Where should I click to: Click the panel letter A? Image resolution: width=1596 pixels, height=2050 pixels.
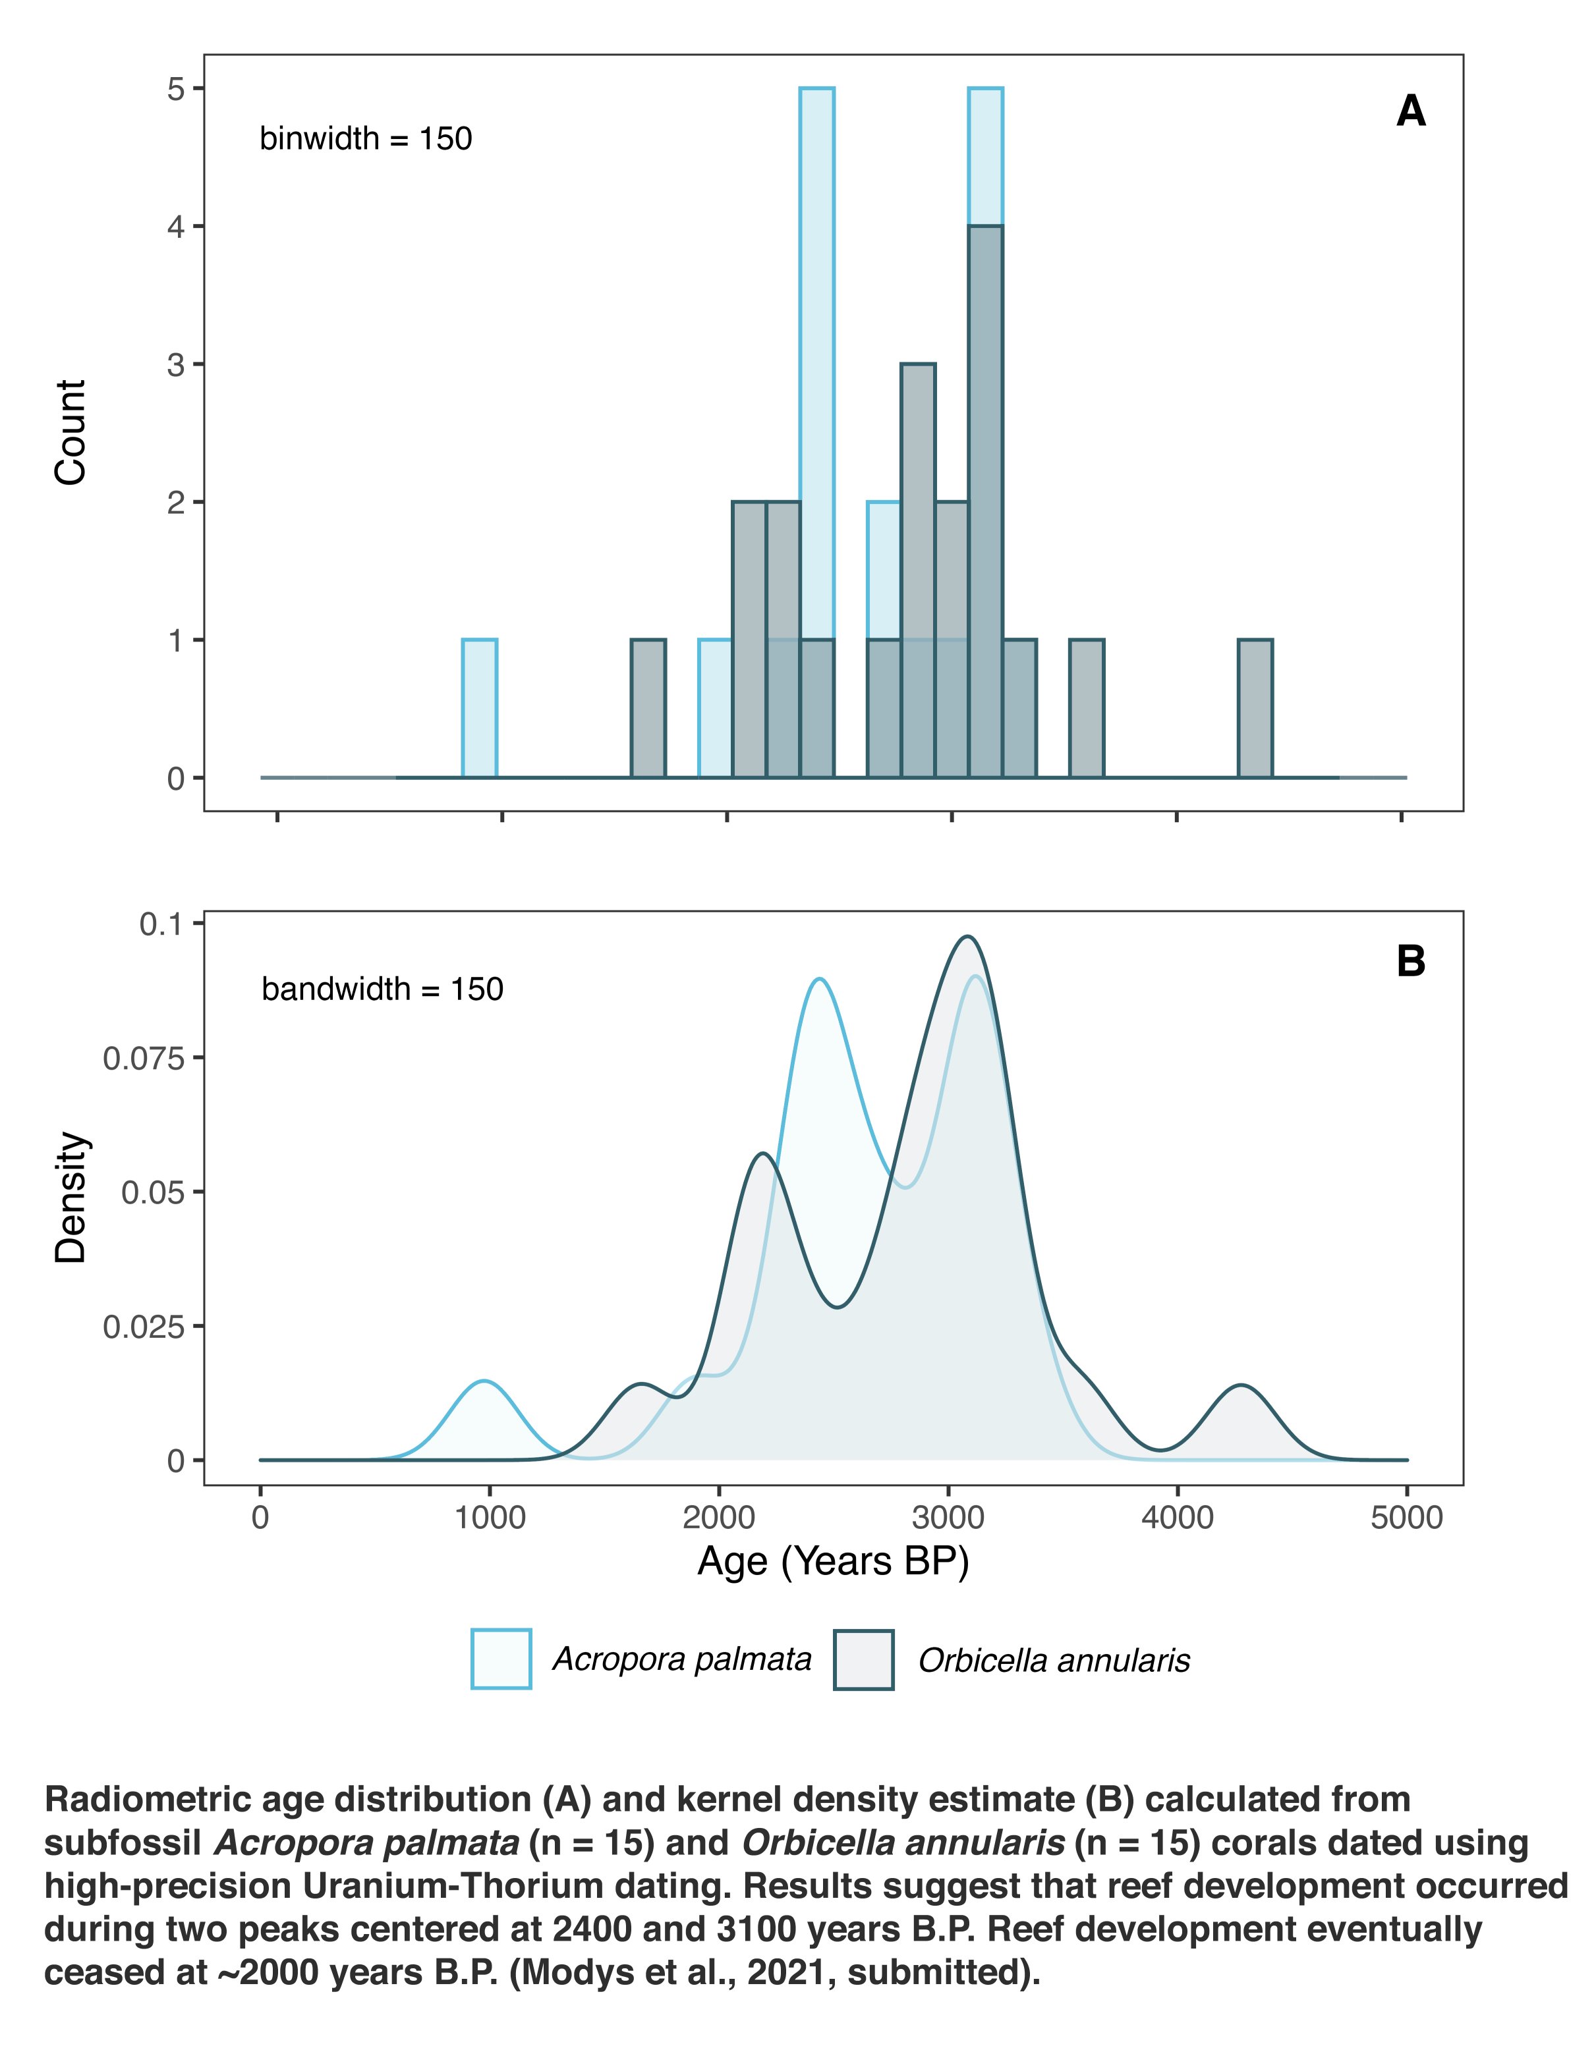[1410, 112]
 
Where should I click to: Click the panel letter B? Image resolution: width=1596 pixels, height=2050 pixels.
[1411, 961]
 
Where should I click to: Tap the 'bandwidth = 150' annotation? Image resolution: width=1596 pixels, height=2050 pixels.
[382, 989]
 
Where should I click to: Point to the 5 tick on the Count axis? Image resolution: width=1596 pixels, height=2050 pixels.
[198, 89]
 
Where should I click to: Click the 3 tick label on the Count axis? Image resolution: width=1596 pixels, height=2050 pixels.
[175, 364]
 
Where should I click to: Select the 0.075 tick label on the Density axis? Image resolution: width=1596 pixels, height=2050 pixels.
[144, 1059]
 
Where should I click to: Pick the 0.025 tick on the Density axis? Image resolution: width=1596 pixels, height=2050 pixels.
[198, 1326]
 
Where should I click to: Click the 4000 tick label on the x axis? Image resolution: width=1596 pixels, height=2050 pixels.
[1178, 1518]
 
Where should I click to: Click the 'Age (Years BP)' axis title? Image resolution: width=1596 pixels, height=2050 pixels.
[833, 1562]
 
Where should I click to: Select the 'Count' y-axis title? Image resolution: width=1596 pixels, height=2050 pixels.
[71, 433]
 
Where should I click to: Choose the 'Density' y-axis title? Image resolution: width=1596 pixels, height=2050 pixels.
[71, 1197]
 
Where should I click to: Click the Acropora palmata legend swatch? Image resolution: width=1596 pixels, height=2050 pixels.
[501, 1659]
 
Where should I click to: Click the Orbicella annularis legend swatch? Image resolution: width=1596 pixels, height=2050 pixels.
[864, 1659]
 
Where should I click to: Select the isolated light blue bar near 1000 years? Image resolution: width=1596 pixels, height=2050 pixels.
[480, 709]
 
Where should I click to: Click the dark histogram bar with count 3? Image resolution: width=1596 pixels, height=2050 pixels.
[918, 570]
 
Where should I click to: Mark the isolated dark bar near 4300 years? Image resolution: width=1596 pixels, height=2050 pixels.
[1255, 709]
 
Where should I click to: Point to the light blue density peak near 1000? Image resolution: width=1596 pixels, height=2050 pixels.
[484, 1381]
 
